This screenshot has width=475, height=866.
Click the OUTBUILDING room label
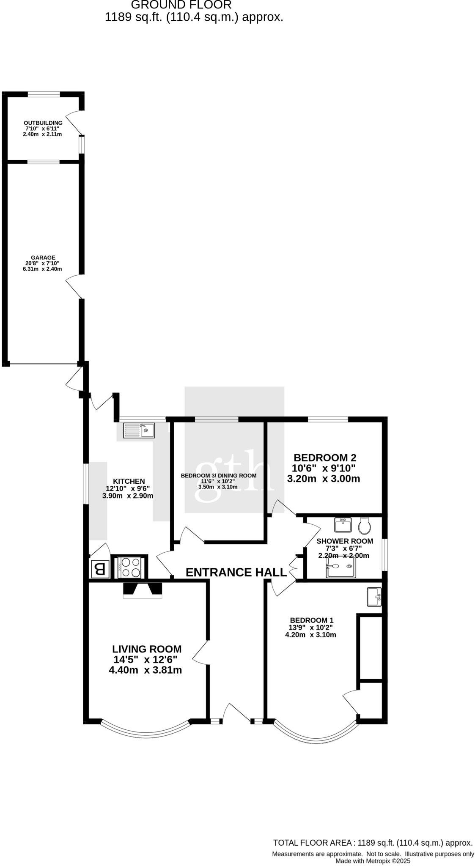(43, 123)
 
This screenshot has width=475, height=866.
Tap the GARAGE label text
(43, 258)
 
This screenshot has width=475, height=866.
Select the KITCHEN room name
(129, 481)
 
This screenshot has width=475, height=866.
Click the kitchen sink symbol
(139, 431)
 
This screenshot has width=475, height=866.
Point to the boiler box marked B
(100, 569)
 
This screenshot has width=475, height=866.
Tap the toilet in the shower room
(365, 526)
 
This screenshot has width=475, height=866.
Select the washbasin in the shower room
(343, 525)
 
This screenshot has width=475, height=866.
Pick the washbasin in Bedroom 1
(374, 597)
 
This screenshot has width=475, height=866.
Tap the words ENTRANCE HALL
(236, 572)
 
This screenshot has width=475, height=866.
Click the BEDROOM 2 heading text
(325, 458)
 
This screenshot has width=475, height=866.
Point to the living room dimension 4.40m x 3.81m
(145, 670)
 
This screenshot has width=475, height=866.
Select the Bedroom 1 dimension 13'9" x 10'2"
(311, 628)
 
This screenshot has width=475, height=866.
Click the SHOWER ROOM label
(345, 541)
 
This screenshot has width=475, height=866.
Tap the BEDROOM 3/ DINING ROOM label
(218, 475)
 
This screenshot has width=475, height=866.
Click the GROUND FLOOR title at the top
(181, 5)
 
